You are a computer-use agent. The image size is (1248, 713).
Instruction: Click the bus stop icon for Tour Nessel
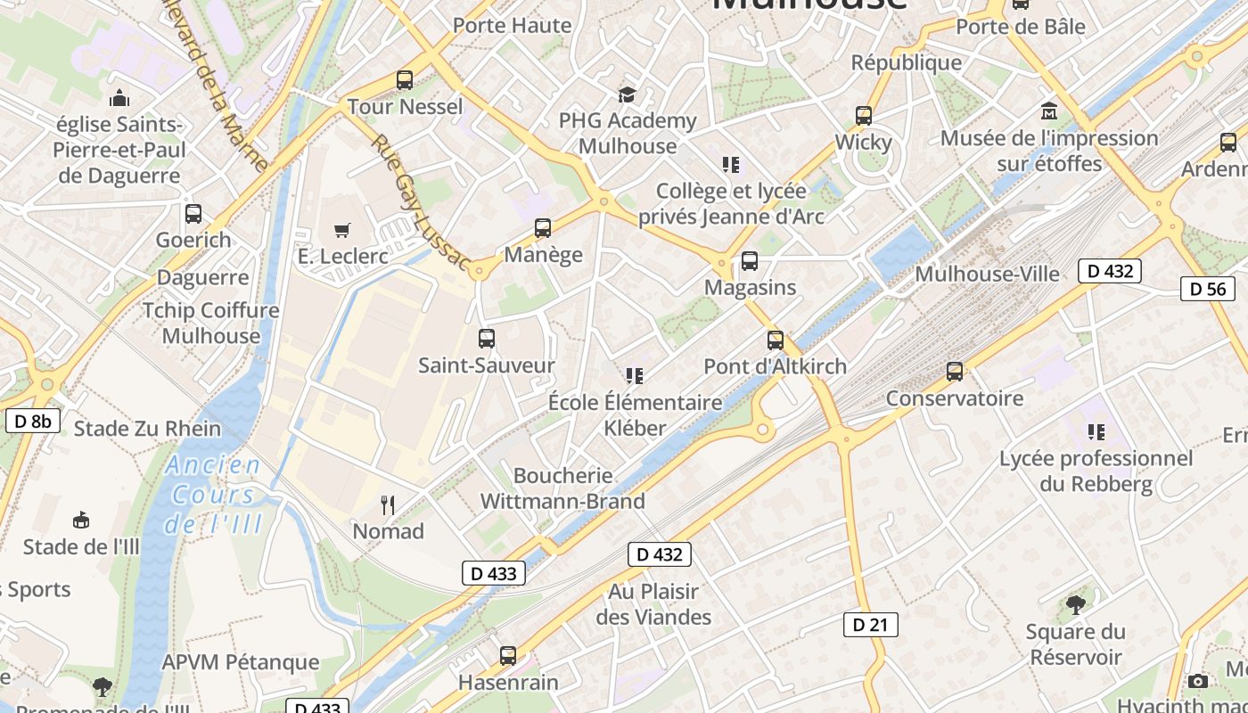405,80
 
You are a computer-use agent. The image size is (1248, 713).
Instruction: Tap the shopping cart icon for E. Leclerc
342,231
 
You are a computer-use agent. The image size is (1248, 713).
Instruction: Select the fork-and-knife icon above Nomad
388,505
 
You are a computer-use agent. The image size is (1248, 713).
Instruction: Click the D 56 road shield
1208,288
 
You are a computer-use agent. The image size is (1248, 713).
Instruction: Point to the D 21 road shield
870,625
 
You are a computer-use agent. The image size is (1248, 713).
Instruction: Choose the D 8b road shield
33,421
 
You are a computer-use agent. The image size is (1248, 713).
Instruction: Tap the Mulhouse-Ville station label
987,274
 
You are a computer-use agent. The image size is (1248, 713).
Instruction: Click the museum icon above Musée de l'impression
1049,112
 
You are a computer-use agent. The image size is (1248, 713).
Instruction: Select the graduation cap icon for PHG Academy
628,94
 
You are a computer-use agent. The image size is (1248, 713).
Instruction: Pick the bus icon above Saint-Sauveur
486,339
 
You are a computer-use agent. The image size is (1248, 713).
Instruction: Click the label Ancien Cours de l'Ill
214,495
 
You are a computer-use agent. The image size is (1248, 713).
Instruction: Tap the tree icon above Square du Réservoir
1075,605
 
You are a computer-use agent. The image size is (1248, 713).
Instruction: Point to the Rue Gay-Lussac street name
420,203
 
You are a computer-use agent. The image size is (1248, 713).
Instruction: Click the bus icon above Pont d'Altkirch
776,340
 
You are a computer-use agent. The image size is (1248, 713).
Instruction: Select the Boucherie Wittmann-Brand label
562,488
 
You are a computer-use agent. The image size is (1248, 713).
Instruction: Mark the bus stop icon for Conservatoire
955,372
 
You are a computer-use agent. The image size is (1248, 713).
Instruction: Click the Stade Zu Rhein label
147,429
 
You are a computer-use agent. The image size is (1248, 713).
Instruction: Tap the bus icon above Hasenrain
508,656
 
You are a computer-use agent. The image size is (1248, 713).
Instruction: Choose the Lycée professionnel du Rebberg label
1096,471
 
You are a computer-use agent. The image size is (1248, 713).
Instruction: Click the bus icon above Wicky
863,116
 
